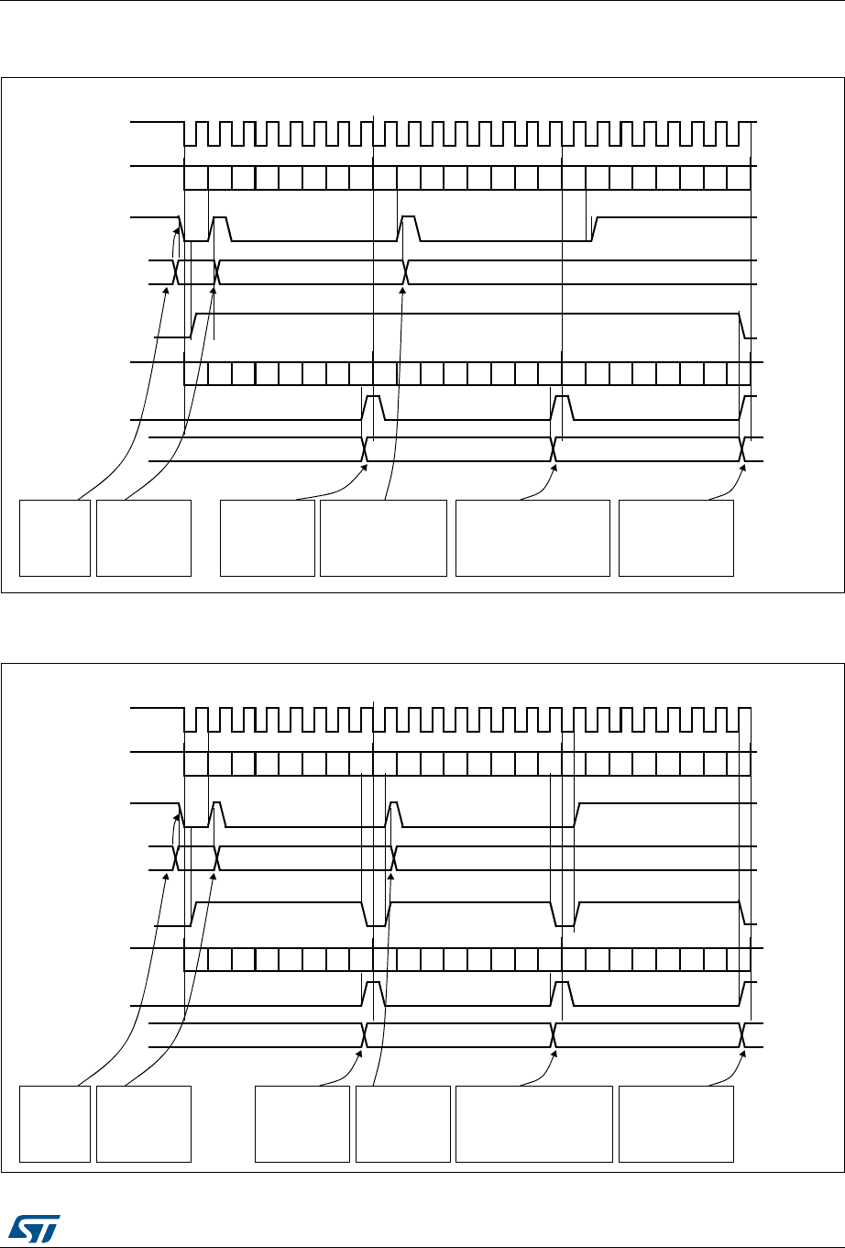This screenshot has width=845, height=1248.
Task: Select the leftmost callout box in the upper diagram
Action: [x=55, y=537]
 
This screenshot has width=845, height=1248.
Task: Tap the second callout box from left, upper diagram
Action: [x=144, y=537]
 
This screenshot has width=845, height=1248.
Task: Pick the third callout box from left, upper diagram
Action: [x=268, y=537]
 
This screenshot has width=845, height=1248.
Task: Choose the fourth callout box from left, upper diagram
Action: [x=383, y=537]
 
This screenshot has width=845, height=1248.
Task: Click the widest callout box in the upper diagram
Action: [x=532, y=537]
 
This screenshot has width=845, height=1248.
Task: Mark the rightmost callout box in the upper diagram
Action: [x=676, y=537]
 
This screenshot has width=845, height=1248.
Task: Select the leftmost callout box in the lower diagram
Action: [x=55, y=1123]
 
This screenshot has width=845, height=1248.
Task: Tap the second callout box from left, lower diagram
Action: [x=144, y=1123]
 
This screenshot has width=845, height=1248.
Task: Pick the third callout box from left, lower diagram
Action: [x=302, y=1123]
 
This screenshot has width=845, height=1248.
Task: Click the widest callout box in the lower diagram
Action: [x=533, y=1123]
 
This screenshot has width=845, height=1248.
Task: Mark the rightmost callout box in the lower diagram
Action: [x=676, y=1123]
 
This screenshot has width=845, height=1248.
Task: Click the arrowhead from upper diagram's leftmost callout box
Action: [x=166, y=290]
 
